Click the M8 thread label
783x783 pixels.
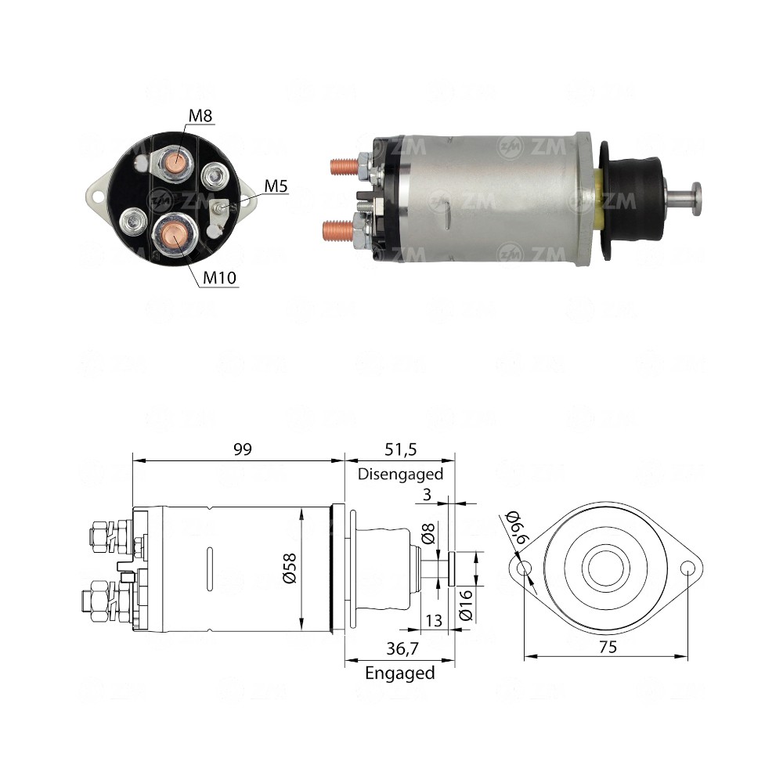200,117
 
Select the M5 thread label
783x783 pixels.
276,186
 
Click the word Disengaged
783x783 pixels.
400,474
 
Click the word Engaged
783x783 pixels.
400,673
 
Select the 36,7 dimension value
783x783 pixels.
400,650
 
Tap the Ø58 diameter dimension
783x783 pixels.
290,568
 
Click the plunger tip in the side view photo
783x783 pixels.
695,190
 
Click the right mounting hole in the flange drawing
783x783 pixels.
687,568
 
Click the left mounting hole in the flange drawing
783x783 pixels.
525,568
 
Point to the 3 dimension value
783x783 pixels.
427,496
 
